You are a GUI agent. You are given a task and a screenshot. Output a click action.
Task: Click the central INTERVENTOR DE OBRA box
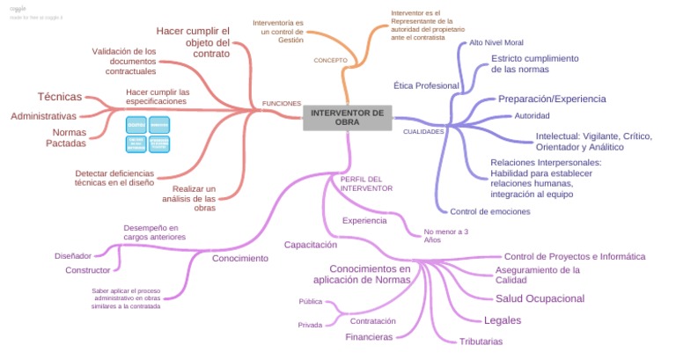(x=347, y=117)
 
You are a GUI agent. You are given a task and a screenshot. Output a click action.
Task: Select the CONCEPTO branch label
(x=331, y=60)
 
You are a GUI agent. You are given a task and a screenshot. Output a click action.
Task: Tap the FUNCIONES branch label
(x=282, y=103)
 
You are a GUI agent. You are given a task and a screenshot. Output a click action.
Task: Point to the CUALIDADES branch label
(x=423, y=131)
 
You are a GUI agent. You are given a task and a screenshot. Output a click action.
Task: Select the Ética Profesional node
(x=426, y=85)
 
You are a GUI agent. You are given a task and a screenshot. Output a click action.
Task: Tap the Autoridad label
(x=532, y=116)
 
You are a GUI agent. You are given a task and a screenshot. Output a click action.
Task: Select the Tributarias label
(x=481, y=342)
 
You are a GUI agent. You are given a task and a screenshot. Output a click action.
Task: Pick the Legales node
(x=503, y=320)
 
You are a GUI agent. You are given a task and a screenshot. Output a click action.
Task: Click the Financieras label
(x=369, y=337)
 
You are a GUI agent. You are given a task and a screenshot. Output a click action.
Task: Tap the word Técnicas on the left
(x=60, y=96)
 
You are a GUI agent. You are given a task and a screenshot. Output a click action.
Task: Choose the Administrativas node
(x=44, y=115)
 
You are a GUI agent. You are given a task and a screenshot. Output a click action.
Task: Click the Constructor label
(x=88, y=270)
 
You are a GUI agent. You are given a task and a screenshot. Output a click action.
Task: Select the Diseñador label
(x=73, y=255)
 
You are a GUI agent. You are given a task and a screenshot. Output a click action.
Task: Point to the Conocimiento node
(x=239, y=258)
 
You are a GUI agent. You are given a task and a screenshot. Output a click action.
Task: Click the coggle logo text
(x=18, y=8)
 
